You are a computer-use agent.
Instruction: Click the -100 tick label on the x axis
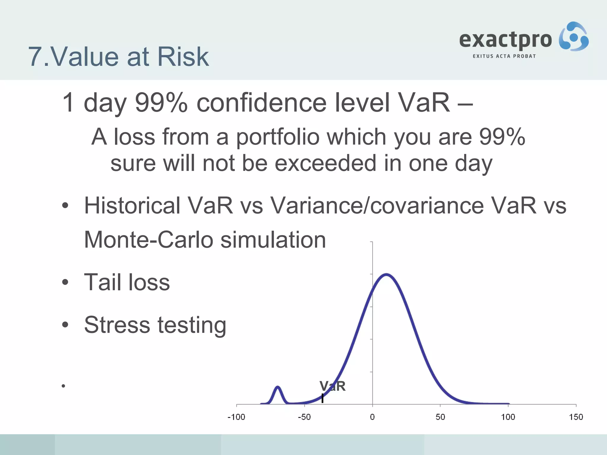[236, 417]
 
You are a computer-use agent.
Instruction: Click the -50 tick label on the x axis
[304, 417]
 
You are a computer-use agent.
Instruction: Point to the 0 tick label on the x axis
[372, 417]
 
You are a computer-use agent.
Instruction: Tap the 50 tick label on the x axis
[440, 417]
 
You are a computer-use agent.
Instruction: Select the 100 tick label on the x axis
[508, 417]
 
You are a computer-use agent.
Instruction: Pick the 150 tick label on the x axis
[576, 417]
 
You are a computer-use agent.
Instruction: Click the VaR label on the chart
[333, 386]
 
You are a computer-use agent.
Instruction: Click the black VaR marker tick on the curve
[322, 398]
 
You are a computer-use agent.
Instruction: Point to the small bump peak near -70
[278, 387]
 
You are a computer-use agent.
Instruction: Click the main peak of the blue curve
[386, 274]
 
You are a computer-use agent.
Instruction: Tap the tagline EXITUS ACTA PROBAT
[504, 56]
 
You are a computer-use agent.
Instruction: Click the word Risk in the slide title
[183, 57]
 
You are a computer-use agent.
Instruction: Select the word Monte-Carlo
[148, 240]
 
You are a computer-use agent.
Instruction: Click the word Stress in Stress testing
[117, 325]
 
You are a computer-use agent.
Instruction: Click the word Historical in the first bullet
[132, 205]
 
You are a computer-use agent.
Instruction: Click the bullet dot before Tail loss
[65, 283]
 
